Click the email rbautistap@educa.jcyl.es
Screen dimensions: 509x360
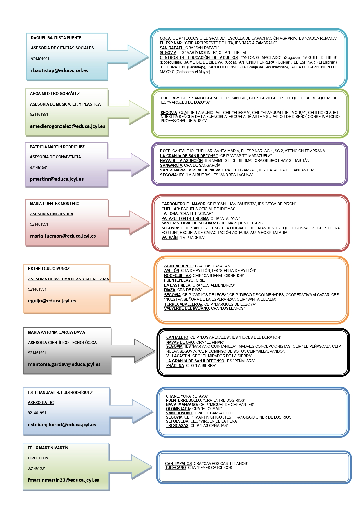point(59,70)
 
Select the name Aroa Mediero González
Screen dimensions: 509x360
point(55,93)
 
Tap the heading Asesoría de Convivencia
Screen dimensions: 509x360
point(55,157)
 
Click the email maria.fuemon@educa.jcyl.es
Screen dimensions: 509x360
point(63,236)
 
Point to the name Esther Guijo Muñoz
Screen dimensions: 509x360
point(49,269)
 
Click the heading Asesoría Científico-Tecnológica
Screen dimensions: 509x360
point(62,343)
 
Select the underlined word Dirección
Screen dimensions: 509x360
point(38,458)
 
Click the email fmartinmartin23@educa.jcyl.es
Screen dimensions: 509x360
point(63,480)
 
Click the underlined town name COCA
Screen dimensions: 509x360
point(165,38)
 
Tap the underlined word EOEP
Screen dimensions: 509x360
point(165,151)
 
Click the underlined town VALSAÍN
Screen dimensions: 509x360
point(169,238)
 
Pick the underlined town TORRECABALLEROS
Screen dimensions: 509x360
point(183,304)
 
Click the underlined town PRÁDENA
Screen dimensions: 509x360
point(175,365)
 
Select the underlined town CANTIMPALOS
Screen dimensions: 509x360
point(178,463)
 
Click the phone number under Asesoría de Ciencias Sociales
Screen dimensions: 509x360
point(40,59)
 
